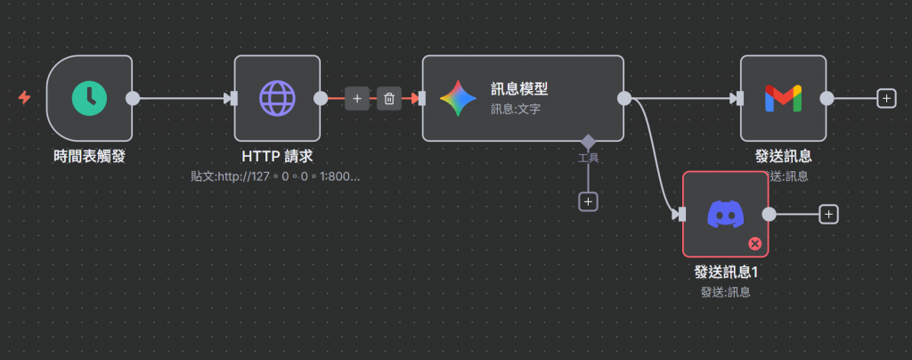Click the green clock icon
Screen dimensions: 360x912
coord(89,98)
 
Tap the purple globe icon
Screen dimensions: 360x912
coord(277,98)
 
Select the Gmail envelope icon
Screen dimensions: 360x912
coord(783,98)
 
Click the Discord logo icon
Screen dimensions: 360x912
coord(725,214)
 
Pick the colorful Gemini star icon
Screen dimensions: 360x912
coord(458,98)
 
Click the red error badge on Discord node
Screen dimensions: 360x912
coord(755,242)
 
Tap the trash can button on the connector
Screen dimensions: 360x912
coord(389,98)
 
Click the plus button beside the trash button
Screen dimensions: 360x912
coord(356,98)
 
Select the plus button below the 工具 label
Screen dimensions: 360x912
coord(588,201)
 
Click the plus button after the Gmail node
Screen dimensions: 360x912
coord(885,98)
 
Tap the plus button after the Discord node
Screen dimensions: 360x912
coord(828,214)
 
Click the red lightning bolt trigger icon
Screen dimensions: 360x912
coord(24,97)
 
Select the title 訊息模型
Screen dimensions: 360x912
coord(518,89)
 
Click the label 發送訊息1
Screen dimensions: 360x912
coord(725,273)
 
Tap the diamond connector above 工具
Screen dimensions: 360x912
coord(588,141)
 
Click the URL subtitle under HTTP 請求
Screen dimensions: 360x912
coord(275,176)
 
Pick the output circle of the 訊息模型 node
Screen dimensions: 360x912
coord(623,98)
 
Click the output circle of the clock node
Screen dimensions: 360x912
coord(133,98)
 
